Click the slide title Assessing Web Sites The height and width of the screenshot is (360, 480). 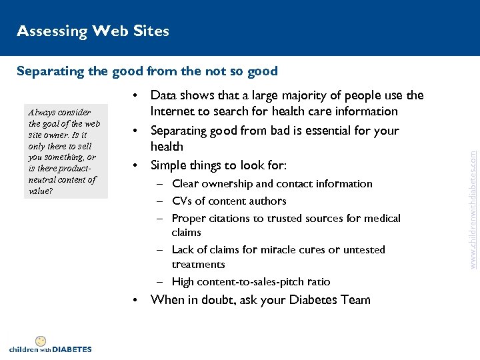(x=93, y=31)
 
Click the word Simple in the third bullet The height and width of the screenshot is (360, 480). (x=169, y=164)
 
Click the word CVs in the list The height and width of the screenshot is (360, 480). (x=182, y=201)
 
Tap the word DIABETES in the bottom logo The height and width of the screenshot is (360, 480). (x=71, y=349)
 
